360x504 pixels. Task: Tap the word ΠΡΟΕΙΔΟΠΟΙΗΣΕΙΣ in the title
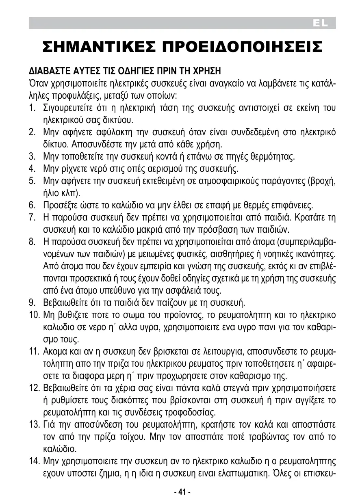click(242, 47)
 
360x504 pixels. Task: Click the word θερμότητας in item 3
click(273, 156)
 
